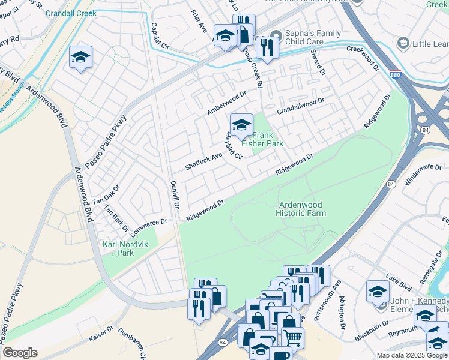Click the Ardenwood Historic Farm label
(x=302, y=209)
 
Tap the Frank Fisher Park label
(x=262, y=140)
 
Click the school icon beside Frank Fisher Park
(x=241, y=125)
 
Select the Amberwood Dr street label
(x=226, y=103)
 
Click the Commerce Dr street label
(x=147, y=226)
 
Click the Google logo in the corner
(x=20, y=353)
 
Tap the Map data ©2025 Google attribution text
(x=411, y=355)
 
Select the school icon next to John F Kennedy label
(x=378, y=292)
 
